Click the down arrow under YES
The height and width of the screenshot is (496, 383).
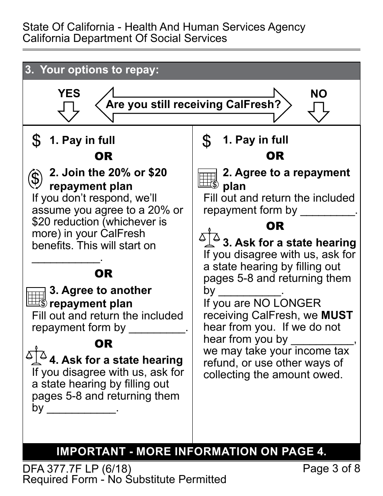[x=69, y=111]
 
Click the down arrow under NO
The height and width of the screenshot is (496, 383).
[x=318, y=112]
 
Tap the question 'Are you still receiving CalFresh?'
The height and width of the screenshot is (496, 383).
[x=193, y=105]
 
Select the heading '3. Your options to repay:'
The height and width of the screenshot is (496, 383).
[x=92, y=70]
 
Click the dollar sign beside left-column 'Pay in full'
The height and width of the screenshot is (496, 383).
[x=36, y=141]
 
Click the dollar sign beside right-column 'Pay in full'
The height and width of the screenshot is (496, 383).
[x=206, y=141]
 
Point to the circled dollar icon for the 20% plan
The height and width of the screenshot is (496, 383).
[x=35, y=179]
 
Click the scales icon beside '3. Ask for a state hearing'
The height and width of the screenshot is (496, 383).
[x=209, y=238]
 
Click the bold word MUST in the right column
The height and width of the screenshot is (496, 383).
[x=337, y=315]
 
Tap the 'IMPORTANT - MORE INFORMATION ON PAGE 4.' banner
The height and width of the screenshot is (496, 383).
[x=191, y=452]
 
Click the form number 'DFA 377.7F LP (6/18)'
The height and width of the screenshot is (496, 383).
[x=77, y=469]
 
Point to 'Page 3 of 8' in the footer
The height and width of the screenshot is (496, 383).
[x=331, y=469]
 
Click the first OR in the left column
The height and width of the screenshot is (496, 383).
[x=104, y=156]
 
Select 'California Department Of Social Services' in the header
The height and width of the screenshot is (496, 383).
[x=125, y=39]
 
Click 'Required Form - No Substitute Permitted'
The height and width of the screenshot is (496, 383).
[x=124, y=479]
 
